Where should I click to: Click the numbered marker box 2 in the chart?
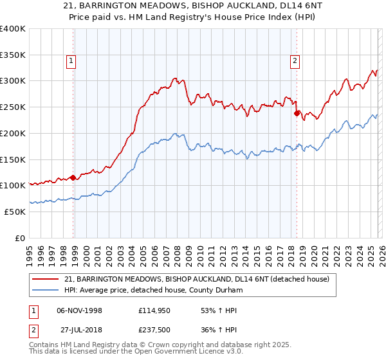[295, 61]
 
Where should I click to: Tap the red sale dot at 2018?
[297, 113]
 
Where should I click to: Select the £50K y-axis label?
[15, 212]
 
